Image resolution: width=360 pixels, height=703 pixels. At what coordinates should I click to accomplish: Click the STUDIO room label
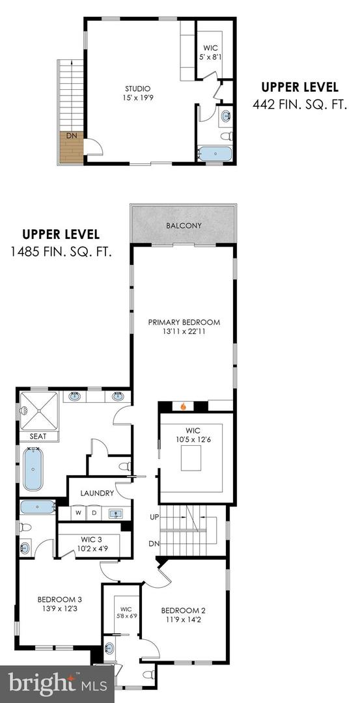(x=138, y=93)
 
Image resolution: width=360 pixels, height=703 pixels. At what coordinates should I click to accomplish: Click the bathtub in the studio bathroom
(x=214, y=154)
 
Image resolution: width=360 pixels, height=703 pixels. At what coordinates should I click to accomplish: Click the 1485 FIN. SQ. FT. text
(x=61, y=251)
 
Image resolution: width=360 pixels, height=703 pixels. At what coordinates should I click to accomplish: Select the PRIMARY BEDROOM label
(x=184, y=326)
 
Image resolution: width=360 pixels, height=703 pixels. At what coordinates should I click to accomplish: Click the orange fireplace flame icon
(x=184, y=407)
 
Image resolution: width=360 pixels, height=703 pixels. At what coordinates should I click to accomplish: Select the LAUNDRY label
(x=97, y=493)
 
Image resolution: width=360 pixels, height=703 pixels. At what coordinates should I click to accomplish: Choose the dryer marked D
(x=94, y=513)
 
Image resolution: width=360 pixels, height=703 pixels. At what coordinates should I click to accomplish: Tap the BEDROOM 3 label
(x=59, y=603)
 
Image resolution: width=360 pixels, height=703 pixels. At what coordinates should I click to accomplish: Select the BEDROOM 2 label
(x=183, y=614)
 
